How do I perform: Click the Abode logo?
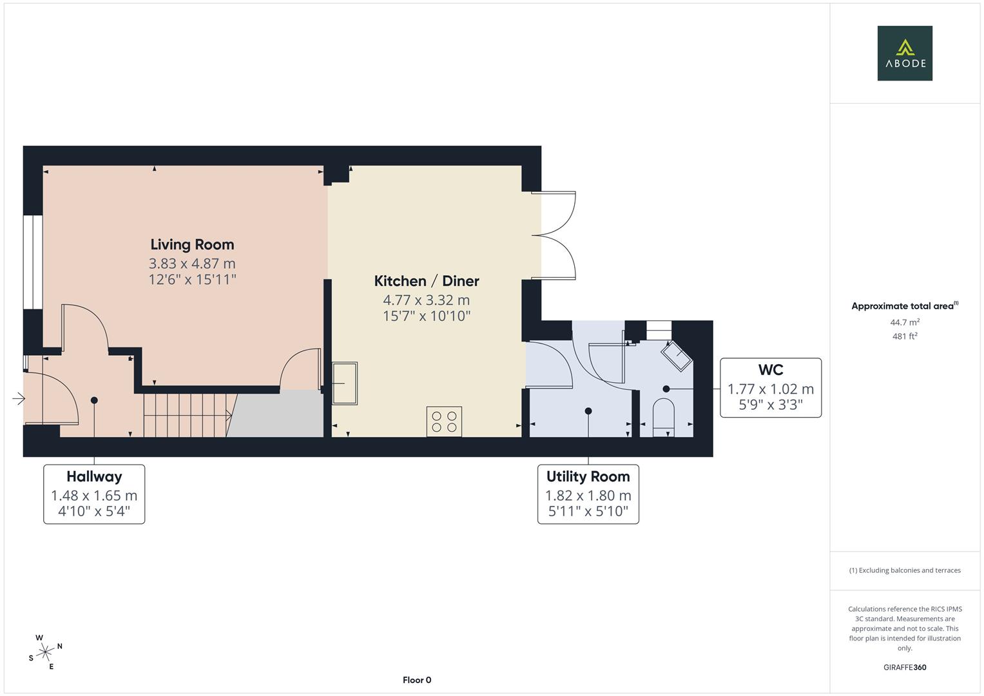point(905,53)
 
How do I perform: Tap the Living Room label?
point(193,245)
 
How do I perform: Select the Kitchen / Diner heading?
point(427,281)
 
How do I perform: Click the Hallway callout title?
point(95,477)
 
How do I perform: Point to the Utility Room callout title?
point(588,476)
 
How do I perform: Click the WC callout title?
point(771,370)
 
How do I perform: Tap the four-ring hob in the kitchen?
point(444,421)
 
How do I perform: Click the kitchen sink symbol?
point(345,383)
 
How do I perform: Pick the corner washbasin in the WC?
point(677,356)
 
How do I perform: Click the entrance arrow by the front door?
point(19,398)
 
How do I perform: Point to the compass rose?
point(45,652)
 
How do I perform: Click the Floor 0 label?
point(417,680)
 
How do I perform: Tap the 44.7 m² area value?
point(905,322)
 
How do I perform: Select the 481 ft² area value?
point(905,336)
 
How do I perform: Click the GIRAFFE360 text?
point(905,668)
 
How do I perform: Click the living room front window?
point(33,262)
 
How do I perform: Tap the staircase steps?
point(188,415)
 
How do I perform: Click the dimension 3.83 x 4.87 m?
point(193,264)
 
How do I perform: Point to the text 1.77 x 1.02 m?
point(771,389)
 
